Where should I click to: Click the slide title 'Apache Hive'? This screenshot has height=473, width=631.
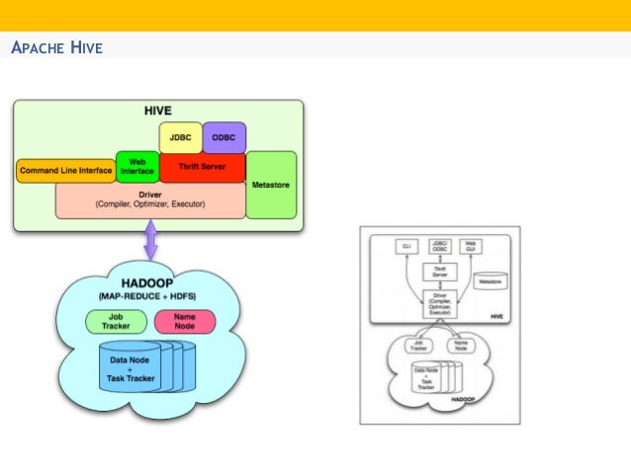(55, 47)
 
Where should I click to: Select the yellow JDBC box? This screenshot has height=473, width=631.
(180, 137)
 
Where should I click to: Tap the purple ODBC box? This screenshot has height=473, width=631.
(224, 137)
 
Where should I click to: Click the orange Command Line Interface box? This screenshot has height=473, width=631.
(65, 171)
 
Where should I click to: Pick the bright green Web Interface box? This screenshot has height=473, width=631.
(135, 167)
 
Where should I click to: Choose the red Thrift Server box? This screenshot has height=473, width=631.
(202, 168)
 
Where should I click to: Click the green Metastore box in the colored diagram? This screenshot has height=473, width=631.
(271, 184)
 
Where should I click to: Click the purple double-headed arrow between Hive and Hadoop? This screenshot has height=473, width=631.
(151, 240)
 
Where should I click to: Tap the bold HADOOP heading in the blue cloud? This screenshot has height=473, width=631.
(146, 283)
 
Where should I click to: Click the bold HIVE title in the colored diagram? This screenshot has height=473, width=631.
(158, 111)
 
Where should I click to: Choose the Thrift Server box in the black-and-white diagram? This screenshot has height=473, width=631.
(439, 272)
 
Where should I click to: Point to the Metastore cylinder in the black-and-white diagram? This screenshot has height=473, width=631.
(490, 281)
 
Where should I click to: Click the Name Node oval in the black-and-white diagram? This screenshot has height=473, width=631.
(460, 346)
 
